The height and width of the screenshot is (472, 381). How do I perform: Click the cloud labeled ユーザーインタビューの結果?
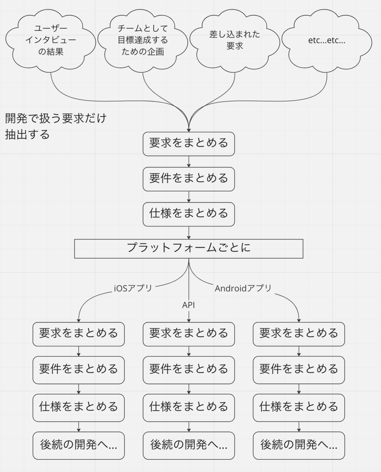click(x=50, y=41)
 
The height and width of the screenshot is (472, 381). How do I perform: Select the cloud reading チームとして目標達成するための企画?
click(x=143, y=41)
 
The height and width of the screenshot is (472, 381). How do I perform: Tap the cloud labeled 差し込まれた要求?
click(x=235, y=41)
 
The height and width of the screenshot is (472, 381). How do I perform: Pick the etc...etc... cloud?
click(x=327, y=41)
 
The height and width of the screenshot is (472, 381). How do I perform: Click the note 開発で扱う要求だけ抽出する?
click(x=56, y=126)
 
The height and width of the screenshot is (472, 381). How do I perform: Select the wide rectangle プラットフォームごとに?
click(x=189, y=249)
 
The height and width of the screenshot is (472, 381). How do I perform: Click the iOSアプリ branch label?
click(x=133, y=288)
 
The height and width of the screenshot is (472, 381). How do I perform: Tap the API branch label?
click(x=188, y=305)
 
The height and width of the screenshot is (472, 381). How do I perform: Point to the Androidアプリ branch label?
click(x=243, y=288)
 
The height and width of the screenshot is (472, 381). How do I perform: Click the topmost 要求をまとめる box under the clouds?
click(x=189, y=144)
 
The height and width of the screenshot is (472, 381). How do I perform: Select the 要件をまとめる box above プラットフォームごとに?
click(x=189, y=179)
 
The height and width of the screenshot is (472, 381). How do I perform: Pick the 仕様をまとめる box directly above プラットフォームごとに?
click(x=189, y=214)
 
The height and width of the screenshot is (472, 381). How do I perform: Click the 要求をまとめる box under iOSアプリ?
click(x=79, y=334)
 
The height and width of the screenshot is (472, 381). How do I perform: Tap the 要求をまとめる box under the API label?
click(x=189, y=334)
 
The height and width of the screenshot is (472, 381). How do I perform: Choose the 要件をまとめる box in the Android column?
click(x=299, y=370)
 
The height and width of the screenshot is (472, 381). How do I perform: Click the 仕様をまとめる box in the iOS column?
click(x=79, y=408)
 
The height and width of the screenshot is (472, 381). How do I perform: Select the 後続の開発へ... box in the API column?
click(x=189, y=446)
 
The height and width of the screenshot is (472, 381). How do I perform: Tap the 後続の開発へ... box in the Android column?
click(x=299, y=446)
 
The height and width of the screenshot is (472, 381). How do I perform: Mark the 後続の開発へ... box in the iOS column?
click(x=79, y=446)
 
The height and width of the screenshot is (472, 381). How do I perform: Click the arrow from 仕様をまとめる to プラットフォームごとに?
click(x=189, y=233)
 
